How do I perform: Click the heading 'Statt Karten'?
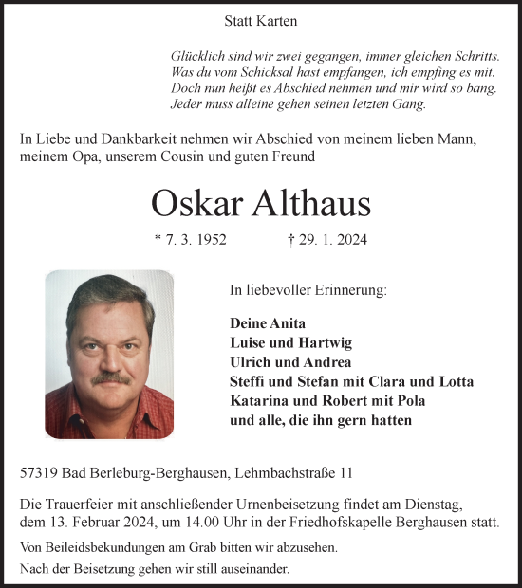[253, 19]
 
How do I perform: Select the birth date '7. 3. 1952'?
[196, 241]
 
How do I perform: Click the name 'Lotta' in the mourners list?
[454, 381]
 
